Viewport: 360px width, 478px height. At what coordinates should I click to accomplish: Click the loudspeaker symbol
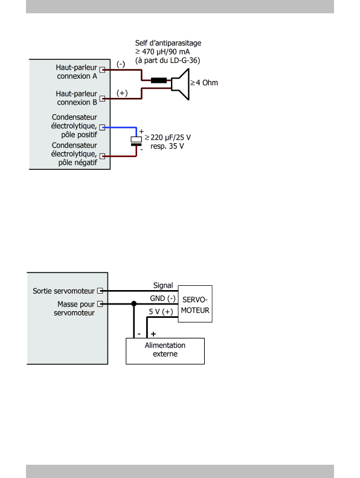pyautogui.click(x=181, y=84)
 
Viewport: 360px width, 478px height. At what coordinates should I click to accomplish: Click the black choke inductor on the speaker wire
pyautogui.click(x=159, y=80)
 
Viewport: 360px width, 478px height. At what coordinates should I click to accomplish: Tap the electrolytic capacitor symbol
pyautogui.click(x=137, y=141)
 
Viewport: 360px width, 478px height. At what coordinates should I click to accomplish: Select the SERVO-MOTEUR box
pyautogui.click(x=195, y=304)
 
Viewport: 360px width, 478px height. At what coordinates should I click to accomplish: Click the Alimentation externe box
pyautogui.click(x=166, y=351)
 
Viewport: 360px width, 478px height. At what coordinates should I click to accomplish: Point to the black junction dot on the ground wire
pyautogui.click(x=134, y=303)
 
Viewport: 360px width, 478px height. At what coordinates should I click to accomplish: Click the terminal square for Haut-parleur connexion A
pyautogui.click(x=103, y=70)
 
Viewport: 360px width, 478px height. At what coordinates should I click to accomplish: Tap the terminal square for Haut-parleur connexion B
pyautogui.click(x=103, y=99)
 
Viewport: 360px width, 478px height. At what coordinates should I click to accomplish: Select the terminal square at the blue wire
pyautogui.click(x=103, y=128)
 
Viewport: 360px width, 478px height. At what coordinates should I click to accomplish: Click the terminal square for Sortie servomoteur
pyautogui.click(x=100, y=291)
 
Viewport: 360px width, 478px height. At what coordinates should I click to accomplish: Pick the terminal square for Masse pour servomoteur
pyautogui.click(x=100, y=304)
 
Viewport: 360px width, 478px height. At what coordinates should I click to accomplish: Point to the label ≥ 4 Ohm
pyautogui.click(x=204, y=83)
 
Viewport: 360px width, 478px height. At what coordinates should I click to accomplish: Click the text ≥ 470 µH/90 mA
pyautogui.click(x=162, y=51)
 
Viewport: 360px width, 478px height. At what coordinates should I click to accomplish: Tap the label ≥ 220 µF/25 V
pyautogui.click(x=168, y=138)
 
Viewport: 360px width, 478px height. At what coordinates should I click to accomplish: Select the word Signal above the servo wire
pyautogui.click(x=163, y=285)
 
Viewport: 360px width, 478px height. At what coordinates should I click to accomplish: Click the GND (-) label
pyautogui.click(x=162, y=299)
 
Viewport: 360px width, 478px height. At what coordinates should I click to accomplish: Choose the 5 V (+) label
pyautogui.click(x=161, y=312)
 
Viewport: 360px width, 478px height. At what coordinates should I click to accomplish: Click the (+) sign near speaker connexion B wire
pyautogui.click(x=122, y=93)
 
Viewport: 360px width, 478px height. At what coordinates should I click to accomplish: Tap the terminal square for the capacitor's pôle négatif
pyautogui.click(x=103, y=157)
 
